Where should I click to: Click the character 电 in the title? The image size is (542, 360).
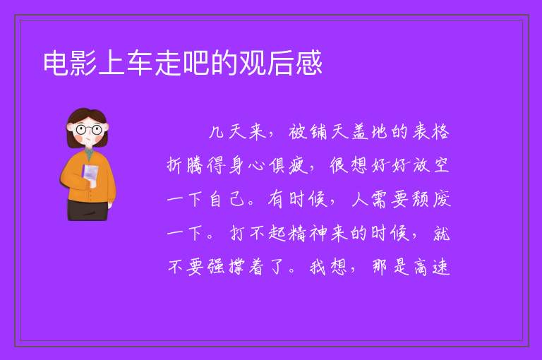coord(56,63)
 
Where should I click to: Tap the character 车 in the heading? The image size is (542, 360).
coord(140,63)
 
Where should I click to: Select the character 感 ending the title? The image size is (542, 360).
coord(308,63)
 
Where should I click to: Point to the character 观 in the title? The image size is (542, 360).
coord(253,63)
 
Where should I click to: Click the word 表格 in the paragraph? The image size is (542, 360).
coord(430,132)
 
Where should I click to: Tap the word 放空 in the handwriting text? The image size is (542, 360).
coord(431,165)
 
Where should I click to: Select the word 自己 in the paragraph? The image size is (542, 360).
coord(227,199)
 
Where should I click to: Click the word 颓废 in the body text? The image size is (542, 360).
coord(431,199)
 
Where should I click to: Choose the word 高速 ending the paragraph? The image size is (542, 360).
coord(431,267)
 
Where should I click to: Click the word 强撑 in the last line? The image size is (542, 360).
coord(227,267)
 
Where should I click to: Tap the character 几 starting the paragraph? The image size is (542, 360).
coord(217,133)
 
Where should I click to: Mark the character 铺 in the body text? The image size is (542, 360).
coord(318,132)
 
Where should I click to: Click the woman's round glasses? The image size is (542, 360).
coord(88,130)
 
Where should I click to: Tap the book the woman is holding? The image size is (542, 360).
coord(90,174)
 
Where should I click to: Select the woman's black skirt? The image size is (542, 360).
coord(88,210)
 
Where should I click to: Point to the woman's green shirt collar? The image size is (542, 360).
coord(89,154)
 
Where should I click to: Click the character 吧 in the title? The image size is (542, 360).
coord(196,63)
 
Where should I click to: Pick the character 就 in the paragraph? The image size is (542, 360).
coord(441,234)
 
